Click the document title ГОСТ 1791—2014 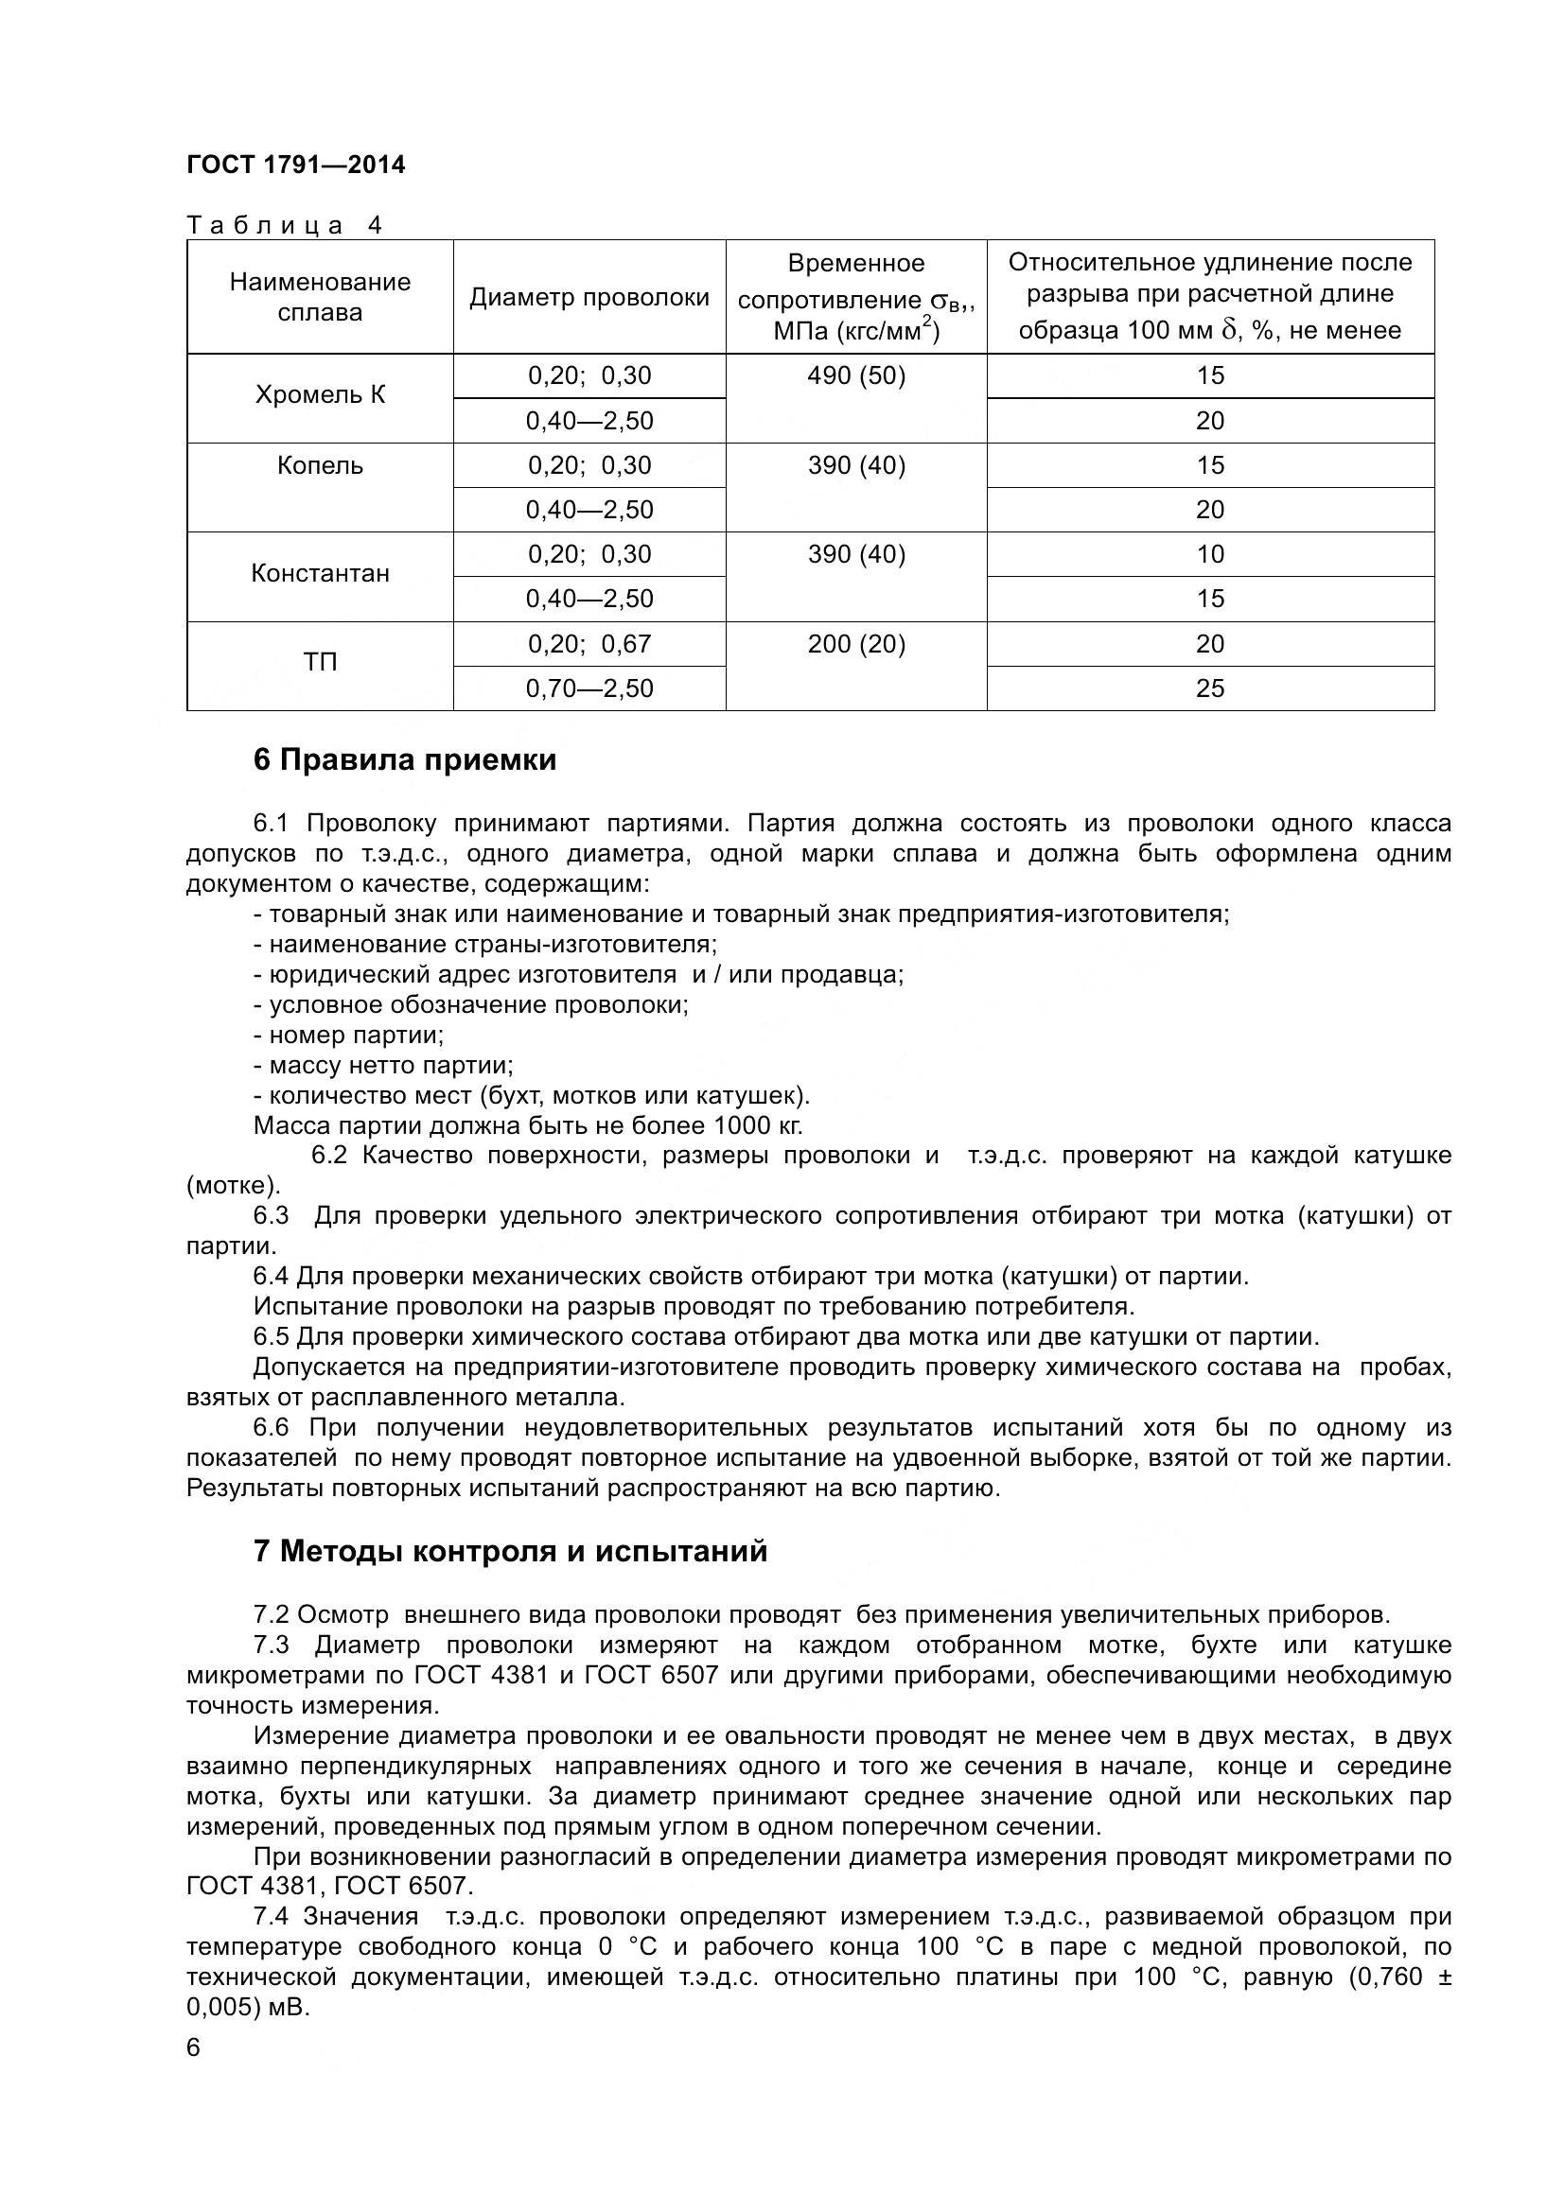coord(296,165)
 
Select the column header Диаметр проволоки coord(589,298)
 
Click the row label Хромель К coord(320,395)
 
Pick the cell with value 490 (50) coord(855,375)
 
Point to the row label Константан coord(320,573)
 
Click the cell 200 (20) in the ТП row coord(855,644)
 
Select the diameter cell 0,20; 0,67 coord(589,644)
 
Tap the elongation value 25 coord(1209,688)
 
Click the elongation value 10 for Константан coord(1209,554)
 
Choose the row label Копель coord(320,465)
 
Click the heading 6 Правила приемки coord(405,760)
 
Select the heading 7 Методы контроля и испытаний coord(510,1551)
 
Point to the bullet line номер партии coord(349,1036)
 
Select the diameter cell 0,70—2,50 coord(589,688)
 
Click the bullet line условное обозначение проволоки coord(472,1005)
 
